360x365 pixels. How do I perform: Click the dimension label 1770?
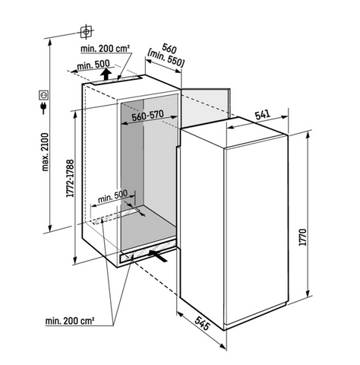[303, 237]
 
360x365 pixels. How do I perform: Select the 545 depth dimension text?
[203, 323]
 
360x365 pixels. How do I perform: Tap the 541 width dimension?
[262, 115]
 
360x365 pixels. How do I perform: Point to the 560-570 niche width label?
[148, 116]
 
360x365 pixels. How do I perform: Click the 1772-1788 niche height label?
[70, 178]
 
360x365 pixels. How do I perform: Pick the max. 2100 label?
[45, 152]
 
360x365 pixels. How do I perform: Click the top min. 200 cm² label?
[106, 48]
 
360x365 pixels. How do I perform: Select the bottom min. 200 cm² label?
[70, 321]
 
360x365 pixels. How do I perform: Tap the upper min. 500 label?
[93, 65]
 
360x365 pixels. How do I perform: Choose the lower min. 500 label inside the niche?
[112, 196]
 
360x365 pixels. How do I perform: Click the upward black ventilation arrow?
[106, 74]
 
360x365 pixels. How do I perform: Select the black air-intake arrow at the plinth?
[158, 255]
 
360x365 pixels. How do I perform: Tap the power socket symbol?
[43, 95]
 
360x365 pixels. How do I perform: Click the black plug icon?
[43, 108]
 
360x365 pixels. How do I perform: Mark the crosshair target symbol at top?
[86, 32]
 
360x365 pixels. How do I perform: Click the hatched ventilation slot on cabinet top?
[115, 80]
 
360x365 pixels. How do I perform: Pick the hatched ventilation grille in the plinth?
[147, 251]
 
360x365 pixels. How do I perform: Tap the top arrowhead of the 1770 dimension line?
[308, 135]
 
